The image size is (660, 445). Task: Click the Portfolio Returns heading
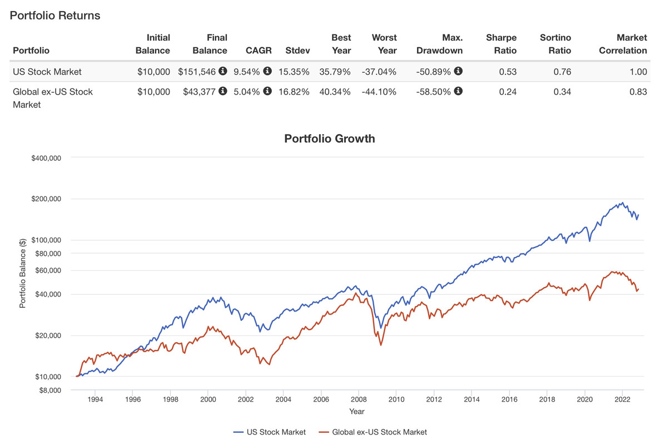(55, 16)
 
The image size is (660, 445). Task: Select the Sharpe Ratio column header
(501, 44)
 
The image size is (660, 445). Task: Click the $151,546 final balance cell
(197, 71)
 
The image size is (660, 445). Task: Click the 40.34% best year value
(335, 92)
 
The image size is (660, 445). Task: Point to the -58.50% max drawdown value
(434, 92)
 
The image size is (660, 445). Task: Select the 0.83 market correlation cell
(638, 92)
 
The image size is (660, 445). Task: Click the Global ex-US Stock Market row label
(53, 98)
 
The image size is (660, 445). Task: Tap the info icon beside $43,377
(223, 91)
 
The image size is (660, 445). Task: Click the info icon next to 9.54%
(267, 71)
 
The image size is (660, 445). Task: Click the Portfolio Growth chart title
(330, 139)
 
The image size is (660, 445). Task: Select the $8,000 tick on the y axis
(48, 390)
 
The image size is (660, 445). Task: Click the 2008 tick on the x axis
(359, 399)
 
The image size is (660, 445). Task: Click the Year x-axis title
(356, 412)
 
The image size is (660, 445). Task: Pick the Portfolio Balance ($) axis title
(23, 273)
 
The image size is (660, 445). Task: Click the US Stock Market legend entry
(269, 432)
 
